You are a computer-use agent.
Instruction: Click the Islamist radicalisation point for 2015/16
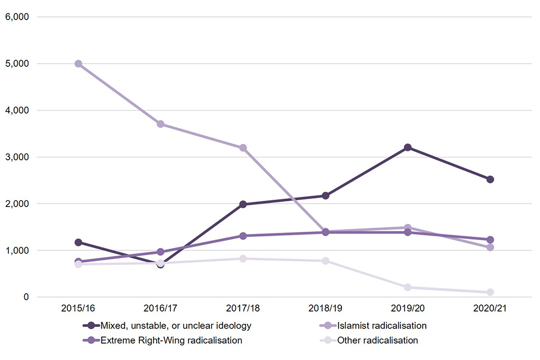click(x=78, y=64)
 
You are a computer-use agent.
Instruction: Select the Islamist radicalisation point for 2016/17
click(x=160, y=124)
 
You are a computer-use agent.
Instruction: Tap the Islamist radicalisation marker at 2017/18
click(x=243, y=148)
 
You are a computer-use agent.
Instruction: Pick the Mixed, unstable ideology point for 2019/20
click(x=408, y=147)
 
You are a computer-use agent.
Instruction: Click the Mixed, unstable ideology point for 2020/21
click(x=490, y=179)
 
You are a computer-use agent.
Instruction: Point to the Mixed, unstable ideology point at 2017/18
click(x=243, y=204)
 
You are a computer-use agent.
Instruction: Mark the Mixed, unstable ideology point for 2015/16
click(x=78, y=242)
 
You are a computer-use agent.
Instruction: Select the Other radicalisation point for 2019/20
click(x=408, y=287)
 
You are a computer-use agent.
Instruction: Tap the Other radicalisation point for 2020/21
click(x=490, y=292)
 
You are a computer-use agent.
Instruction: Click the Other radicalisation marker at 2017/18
click(x=243, y=259)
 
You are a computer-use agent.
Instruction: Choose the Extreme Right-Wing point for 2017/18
click(x=243, y=236)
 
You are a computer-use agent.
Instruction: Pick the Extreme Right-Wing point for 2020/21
click(x=490, y=240)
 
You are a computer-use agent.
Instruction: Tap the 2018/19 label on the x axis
click(x=325, y=309)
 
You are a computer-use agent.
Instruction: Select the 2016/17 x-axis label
click(x=160, y=309)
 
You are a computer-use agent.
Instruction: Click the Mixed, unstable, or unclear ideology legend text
click(x=175, y=326)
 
